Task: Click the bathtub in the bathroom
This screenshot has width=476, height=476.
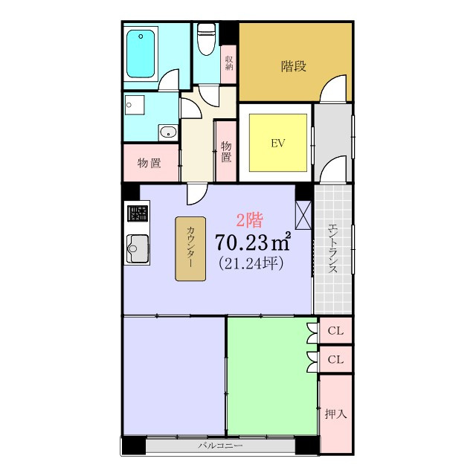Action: [141, 54]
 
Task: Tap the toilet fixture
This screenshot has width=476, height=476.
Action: [207, 39]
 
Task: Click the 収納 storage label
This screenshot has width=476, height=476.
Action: [229, 63]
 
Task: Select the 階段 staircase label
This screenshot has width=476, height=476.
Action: [294, 66]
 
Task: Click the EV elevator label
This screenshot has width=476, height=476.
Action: [277, 143]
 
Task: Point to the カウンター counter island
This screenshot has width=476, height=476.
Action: [190, 248]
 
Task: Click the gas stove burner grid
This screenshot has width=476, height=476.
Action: [138, 213]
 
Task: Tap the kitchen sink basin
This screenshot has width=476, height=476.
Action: [138, 248]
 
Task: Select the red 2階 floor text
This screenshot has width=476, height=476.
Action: [250, 220]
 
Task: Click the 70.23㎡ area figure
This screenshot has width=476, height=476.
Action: [253, 242]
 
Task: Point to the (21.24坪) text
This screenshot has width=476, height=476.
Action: [251, 263]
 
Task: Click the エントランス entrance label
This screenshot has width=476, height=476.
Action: [333, 248]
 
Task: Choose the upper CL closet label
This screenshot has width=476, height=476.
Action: [335, 330]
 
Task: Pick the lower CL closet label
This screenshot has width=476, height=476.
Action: [335, 360]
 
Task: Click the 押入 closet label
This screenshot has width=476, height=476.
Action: [335, 414]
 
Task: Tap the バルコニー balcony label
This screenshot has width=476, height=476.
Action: [220, 446]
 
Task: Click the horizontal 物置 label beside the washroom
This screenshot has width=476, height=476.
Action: [149, 163]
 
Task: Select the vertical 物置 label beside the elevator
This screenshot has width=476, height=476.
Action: [226, 152]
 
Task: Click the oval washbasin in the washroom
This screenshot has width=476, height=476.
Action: [168, 132]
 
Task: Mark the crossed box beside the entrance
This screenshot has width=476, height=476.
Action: [303, 215]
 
